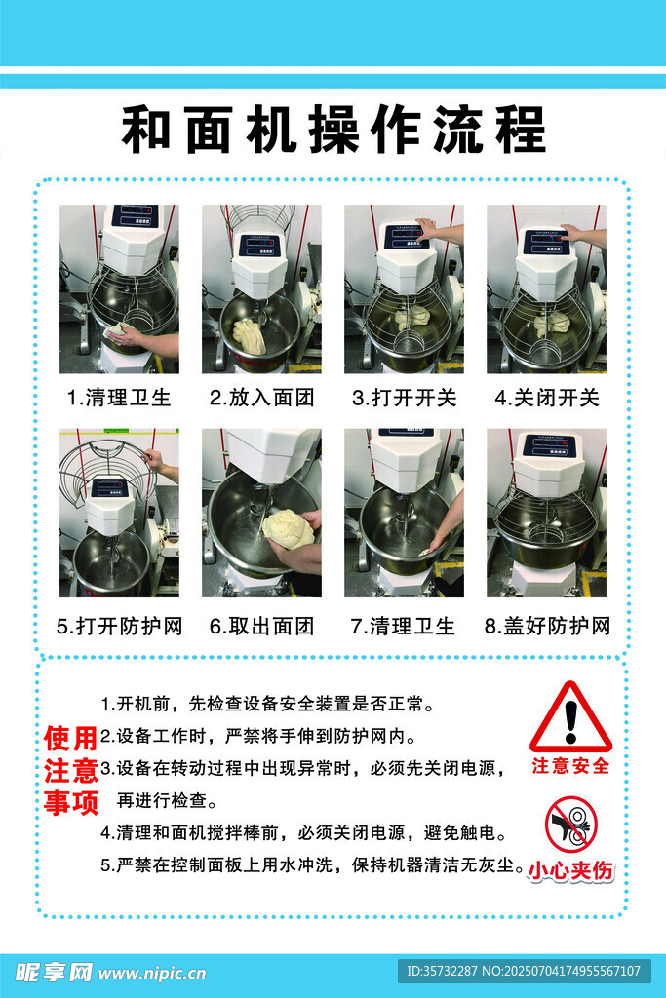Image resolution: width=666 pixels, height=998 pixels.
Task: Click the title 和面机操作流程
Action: tap(333, 130)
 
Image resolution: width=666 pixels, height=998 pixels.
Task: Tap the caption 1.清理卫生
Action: tap(119, 398)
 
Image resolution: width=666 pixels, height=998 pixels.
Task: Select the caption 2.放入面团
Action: tap(261, 398)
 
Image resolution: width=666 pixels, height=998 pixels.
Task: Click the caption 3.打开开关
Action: tap(405, 398)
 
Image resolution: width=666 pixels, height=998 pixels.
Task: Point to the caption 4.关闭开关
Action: tap(547, 398)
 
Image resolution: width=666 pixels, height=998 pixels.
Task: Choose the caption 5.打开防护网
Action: tap(119, 627)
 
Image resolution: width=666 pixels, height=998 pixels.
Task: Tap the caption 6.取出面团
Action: tap(261, 627)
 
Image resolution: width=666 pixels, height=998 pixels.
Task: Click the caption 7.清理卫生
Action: tap(403, 627)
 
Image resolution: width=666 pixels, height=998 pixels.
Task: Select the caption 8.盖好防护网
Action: tap(547, 627)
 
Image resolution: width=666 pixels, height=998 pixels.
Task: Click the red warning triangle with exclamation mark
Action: tap(570, 718)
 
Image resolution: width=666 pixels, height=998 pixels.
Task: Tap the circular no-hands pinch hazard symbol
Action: tap(571, 825)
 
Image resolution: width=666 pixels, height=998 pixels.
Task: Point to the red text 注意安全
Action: tap(571, 766)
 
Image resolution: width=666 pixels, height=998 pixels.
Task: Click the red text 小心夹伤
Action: tap(571, 870)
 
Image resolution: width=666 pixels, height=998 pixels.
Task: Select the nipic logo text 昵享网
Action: tap(54, 972)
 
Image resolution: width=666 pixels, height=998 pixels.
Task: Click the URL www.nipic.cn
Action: tap(153, 974)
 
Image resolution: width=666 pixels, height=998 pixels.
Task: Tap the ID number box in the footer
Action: tap(525, 972)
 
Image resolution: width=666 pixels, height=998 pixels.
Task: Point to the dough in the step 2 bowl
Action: tap(249, 336)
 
